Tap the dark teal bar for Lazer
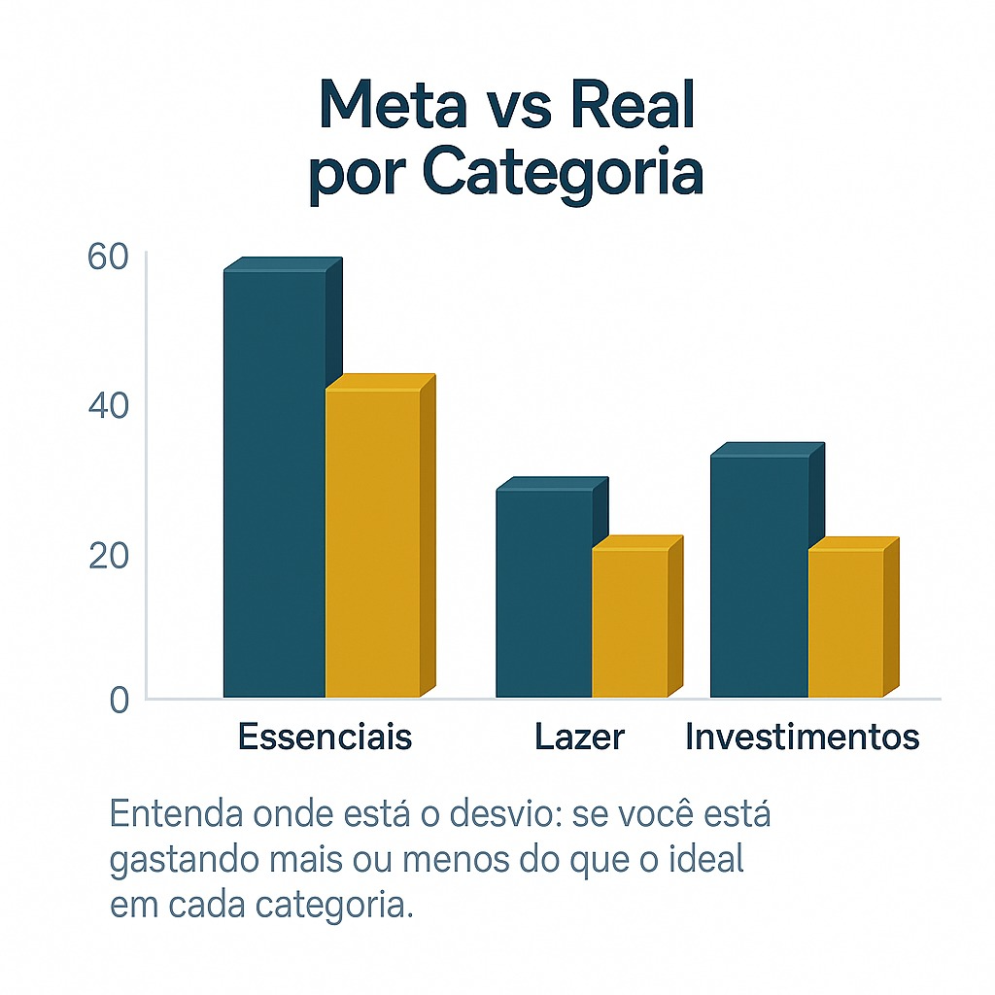[x=544, y=593]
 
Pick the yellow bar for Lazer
[x=630, y=623]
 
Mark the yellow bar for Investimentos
[x=845, y=623]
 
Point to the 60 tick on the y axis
[x=107, y=257]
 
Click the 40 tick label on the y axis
[x=107, y=406]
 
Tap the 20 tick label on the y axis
[x=107, y=556]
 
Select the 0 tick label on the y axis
[x=119, y=700]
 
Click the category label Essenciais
[x=325, y=738]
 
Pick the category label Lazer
[x=579, y=738]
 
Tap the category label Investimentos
[x=802, y=738]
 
